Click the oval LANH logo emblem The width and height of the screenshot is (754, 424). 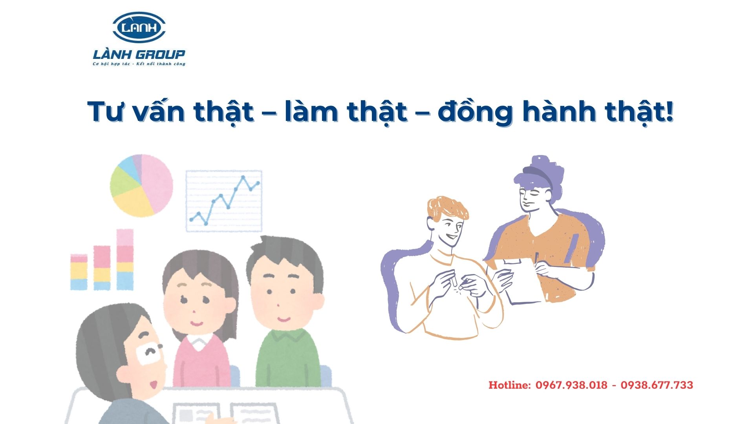click(139, 27)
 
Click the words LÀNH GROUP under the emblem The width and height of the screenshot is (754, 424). click(139, 54)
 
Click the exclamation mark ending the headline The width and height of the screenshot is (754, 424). click(670, 111)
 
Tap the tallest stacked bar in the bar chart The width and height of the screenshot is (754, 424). click(125, 260)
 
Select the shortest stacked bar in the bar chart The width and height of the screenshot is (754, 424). click(79, 272)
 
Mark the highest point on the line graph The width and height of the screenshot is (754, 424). click(243, 177)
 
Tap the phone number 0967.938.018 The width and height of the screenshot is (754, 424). click(571, 385)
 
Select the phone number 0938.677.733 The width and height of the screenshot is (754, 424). click(657, 385)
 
